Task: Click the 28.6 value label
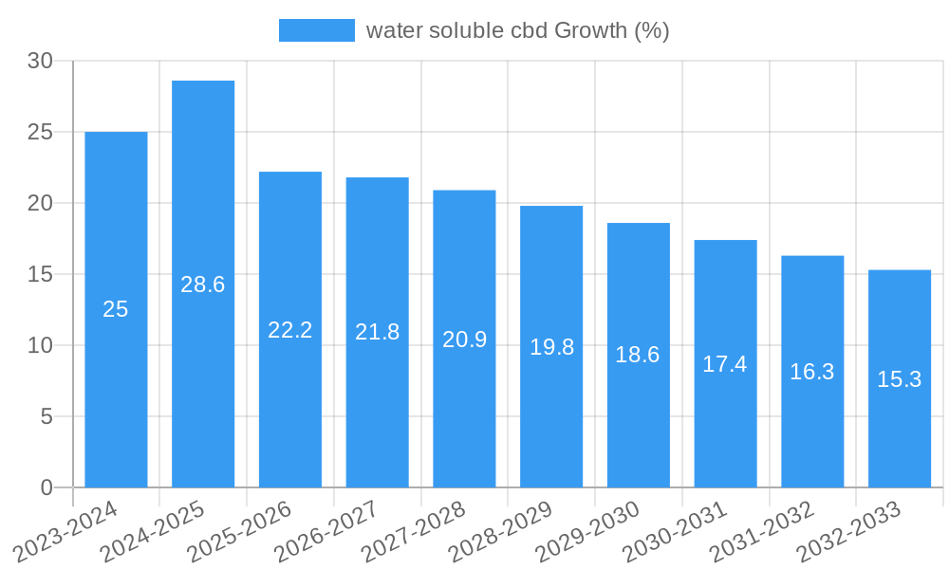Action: click(x=203, y=284)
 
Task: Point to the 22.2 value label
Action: click(x=290, y=330)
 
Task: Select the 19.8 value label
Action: click(x=551, y=347)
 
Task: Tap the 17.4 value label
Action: click(x=725, y=364)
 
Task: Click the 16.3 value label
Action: click(x=812, y=372)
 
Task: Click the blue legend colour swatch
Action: click(x=316, y=30)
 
